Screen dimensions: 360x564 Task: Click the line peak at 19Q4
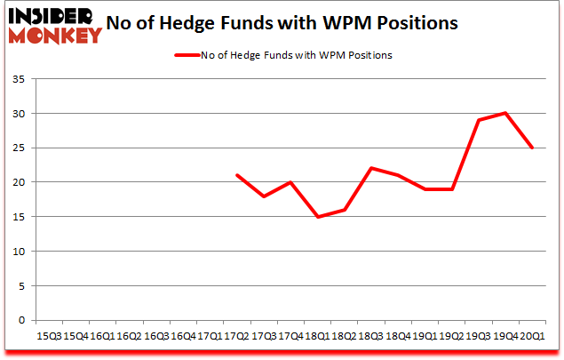click(505, 114)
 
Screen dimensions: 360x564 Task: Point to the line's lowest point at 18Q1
click(317, 217)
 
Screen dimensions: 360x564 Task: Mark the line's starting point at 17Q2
click(236, 175)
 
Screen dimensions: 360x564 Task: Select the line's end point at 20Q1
click(533, 148)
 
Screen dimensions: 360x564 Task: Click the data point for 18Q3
click(371, 169)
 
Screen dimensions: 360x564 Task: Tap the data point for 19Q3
click(479, 121)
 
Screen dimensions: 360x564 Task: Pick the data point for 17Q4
click(290, 182)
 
